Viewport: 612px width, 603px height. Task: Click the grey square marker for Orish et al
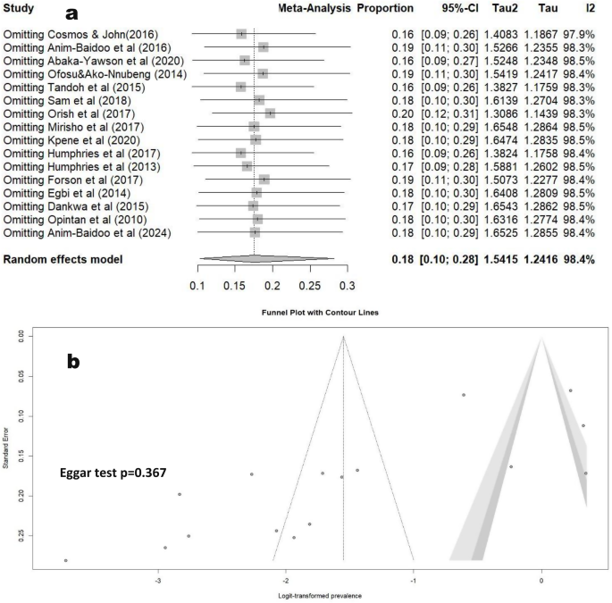point(270,113)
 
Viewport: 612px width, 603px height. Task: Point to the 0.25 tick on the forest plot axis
point(309,285)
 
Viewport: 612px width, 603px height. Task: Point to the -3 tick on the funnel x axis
point(158,579)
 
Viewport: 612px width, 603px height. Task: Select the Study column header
point(21,8)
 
